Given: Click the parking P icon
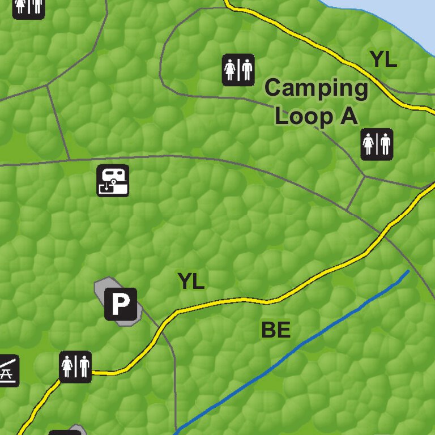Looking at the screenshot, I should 121,305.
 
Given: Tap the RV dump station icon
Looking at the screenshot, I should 113,180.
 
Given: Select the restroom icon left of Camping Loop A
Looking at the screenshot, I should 238,70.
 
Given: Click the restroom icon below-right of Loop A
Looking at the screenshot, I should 377,144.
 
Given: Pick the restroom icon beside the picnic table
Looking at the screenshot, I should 75,366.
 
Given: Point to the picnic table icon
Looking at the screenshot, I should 8,371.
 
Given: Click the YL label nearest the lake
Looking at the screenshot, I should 383,59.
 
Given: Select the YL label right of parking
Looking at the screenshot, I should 191,281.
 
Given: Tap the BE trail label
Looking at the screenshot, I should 276,330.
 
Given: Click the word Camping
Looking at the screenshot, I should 316,88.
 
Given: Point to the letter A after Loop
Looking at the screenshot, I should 348,117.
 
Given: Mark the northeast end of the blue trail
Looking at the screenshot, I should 407,272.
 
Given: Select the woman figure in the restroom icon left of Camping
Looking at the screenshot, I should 231,70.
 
